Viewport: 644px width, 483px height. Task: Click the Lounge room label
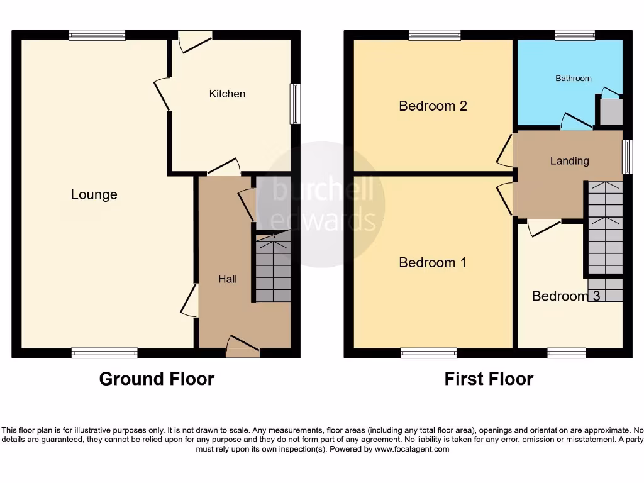(94, 195)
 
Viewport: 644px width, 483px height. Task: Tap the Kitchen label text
(227, 94)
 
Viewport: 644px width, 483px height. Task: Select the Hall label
(227, 279)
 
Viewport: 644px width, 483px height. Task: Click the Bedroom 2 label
(433, 106)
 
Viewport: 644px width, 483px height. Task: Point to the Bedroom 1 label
(433, 262)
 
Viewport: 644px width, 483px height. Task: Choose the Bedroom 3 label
(565, 296)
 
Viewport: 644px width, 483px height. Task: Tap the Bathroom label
(573, 79)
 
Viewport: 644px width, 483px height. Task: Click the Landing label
(569, 161)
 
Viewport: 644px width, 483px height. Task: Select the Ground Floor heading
(157, 379)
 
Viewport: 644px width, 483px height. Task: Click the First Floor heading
(489, 379)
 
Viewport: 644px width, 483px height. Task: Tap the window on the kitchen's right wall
(294, 104)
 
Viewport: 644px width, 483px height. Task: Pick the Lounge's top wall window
(97, 36)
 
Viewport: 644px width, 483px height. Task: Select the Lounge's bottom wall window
(104, 353)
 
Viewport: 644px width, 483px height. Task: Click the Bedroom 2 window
(434, 36)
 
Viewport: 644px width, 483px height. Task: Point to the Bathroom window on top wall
(575, 36)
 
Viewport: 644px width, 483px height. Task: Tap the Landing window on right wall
(626, 156)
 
